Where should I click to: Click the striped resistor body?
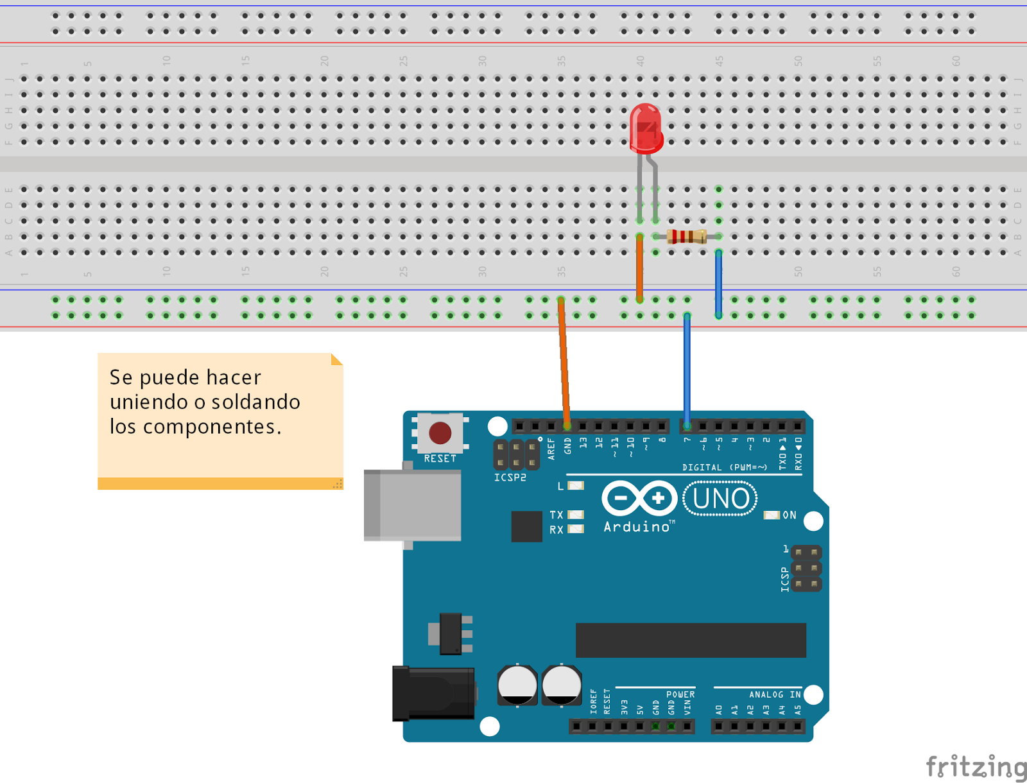point(686,236)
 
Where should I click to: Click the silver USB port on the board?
point(413,505)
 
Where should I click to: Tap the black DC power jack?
point(433,693)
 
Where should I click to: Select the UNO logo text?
point(720,499)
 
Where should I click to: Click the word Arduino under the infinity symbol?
point(637,527)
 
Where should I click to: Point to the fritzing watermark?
point(975,766)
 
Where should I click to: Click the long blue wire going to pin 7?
point(687,369)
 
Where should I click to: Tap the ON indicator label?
point(789,515)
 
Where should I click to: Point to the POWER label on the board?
point(680,694)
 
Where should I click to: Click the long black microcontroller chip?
point(690,640)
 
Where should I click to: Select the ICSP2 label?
point(510,478)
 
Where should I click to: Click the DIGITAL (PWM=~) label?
point(724,467)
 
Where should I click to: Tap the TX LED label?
point(556,515)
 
